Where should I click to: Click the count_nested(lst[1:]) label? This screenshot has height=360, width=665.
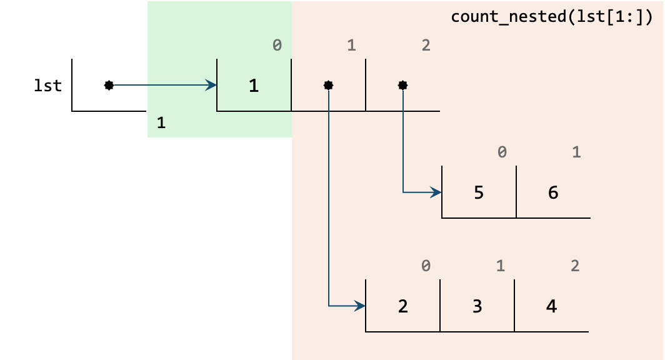551,17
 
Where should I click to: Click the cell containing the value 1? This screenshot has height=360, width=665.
254,85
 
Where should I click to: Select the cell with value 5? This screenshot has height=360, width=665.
479,192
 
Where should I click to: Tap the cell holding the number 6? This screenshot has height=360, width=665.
553,192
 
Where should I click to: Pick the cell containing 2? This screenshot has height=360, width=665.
402,306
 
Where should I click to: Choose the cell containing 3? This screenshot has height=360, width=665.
477,306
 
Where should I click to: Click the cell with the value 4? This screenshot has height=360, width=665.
551,306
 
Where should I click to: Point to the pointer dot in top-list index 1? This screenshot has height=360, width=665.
328,85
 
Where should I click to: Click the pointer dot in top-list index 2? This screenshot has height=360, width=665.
402,85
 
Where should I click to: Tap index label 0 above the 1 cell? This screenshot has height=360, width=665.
277,46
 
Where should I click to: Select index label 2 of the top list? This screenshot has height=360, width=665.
426,46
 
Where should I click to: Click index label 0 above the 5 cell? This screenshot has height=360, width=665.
502,152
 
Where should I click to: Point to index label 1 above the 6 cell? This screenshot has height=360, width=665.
576,152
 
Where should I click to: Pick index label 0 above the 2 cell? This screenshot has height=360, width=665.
426,266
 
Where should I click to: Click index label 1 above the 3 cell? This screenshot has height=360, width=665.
500,266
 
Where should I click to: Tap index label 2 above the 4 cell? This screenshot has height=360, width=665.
575,266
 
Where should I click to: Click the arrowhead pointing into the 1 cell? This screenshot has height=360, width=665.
212,85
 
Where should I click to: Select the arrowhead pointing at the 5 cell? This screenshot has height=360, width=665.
437,192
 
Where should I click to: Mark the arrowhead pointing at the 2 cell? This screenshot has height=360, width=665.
361,306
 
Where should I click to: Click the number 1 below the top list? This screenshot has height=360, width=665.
161,123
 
